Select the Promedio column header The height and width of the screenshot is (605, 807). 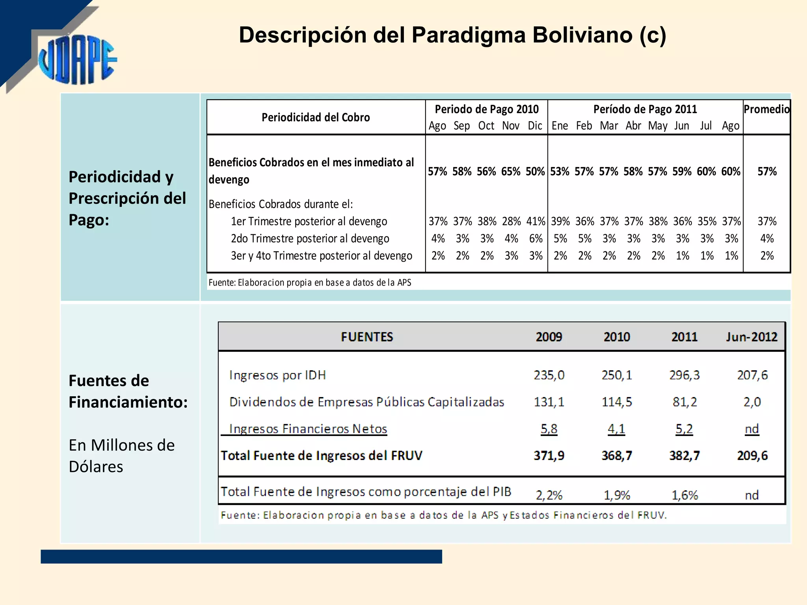(x=766, y=109)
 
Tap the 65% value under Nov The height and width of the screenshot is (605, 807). (x=511, y=172)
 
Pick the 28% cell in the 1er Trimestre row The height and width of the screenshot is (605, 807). (x=511, y=221)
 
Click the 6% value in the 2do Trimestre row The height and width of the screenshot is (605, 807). (x=536, y=239)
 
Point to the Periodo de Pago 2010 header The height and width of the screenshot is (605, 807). (x=486, y=109)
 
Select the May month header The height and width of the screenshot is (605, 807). (x=658, y=126)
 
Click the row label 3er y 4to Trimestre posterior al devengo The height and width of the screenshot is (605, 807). (x=321, y=256)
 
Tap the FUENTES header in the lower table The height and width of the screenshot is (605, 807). (x=367, y=337)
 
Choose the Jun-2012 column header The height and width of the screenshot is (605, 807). (x=751, y=337)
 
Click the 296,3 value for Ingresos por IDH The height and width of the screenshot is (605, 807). (x=684, y=375)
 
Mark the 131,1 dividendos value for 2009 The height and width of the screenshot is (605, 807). (x=549, y=402)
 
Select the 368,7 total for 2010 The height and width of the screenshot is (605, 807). (x=617, y=456)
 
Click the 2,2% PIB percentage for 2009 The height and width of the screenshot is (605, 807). (x=549, y=495)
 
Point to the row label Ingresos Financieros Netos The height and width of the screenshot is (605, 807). (x=308, y=429)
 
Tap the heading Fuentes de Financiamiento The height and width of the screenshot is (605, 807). (x=128, y=392)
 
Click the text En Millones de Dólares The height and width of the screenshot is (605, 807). (x=121, y=456)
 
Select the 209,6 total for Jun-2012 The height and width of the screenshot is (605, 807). (x=752, y=456)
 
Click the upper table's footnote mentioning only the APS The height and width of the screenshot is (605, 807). (x=310, y=282)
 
